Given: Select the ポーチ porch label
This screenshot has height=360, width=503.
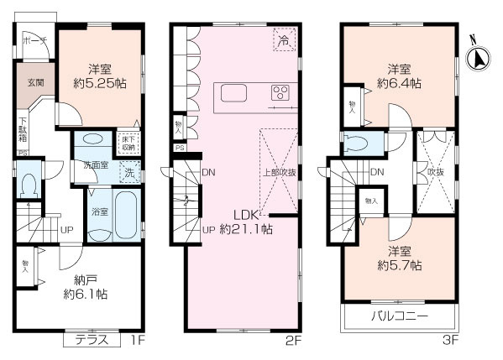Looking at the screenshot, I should pyautogui.click(x=34, y=40).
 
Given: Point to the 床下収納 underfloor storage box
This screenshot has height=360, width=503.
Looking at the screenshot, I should pyautogui.click(x=128, y=143).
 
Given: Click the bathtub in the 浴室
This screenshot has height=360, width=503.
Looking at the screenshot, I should pyautogui.click(x=124, y=215).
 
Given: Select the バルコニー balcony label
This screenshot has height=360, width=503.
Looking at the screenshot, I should pyautogui.click(x=400, y=317).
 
